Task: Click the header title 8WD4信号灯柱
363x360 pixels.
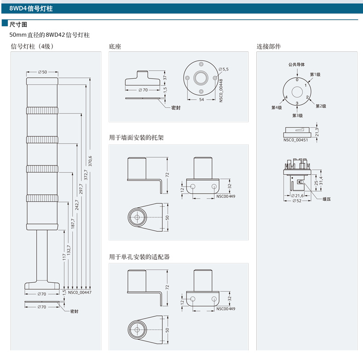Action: (34, 8)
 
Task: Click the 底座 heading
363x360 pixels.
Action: (115, 46)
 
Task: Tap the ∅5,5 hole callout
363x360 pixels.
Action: (223, 69)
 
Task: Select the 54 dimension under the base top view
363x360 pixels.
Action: (201, 100)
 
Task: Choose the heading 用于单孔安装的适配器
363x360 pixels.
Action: (139, 257)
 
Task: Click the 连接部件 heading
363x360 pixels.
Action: (269, 46)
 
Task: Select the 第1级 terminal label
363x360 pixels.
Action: (315, 74)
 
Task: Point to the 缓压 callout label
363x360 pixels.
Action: (327, 199)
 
